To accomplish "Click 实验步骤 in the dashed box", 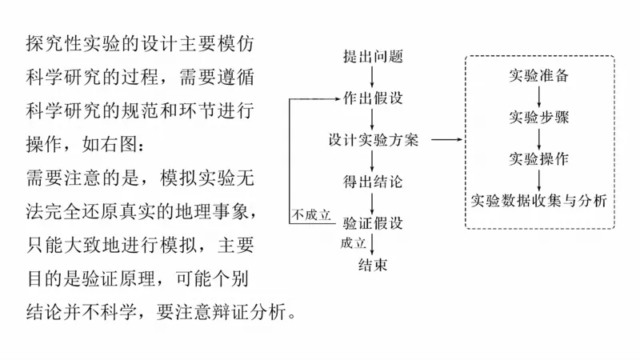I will [539, 117].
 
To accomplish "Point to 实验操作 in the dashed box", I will [539, 158].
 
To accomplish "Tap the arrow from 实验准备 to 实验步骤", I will [539, 97].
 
